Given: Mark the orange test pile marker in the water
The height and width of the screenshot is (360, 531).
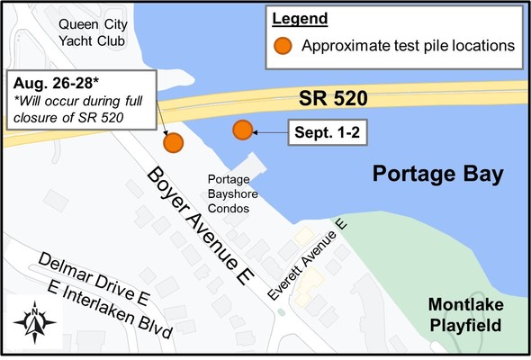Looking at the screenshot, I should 242,130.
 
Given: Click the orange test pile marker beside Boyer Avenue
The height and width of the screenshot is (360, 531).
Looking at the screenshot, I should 173,141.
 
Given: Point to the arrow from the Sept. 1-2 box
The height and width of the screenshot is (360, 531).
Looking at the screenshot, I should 268,132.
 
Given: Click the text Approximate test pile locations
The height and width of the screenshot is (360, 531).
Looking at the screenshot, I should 407,45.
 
